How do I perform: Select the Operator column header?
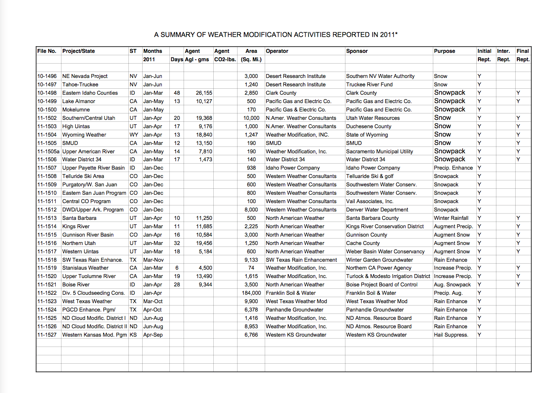[277, 51]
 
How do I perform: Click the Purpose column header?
[445, 51]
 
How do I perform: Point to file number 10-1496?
[47, 76]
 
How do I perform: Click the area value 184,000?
[251, 293]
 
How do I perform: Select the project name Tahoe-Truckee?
[80, 85]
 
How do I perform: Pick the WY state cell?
[133, 135]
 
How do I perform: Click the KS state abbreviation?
[133, 335]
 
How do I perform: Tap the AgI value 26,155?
[204, 93]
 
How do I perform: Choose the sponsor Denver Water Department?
[377, 210]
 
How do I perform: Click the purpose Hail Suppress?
[451, 335]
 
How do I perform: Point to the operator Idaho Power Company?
[293, 168]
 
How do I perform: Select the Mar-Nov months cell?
[153, 260]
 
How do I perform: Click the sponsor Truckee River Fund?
[369, 85]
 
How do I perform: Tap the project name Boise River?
[76, 285]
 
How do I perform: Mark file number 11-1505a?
[49, 152]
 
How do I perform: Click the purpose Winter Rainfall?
[451, 218]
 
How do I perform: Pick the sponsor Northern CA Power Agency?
[378, 268]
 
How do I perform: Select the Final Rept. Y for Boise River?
[518, 285]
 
